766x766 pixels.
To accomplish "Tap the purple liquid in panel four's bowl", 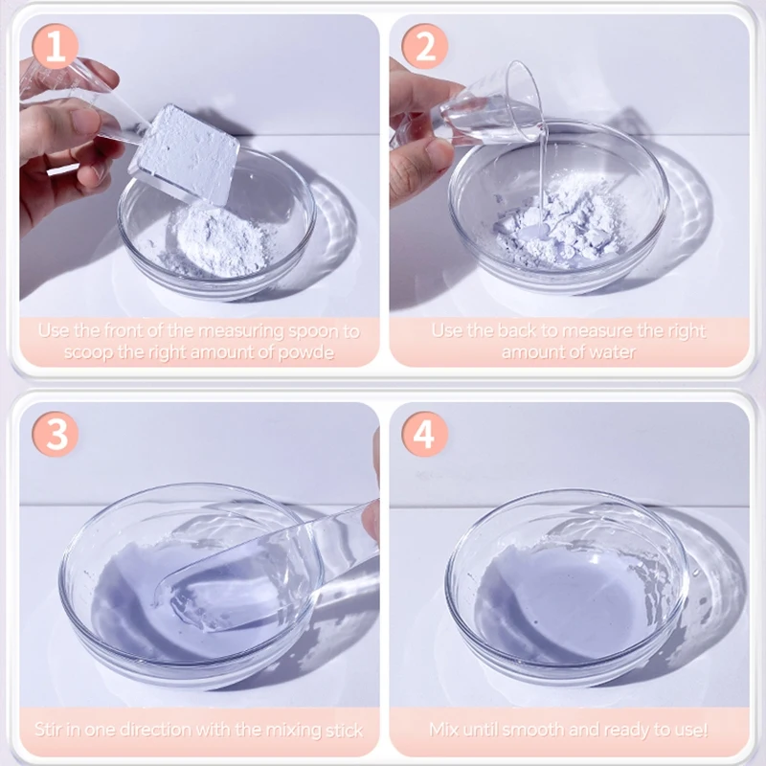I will point(555,594).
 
